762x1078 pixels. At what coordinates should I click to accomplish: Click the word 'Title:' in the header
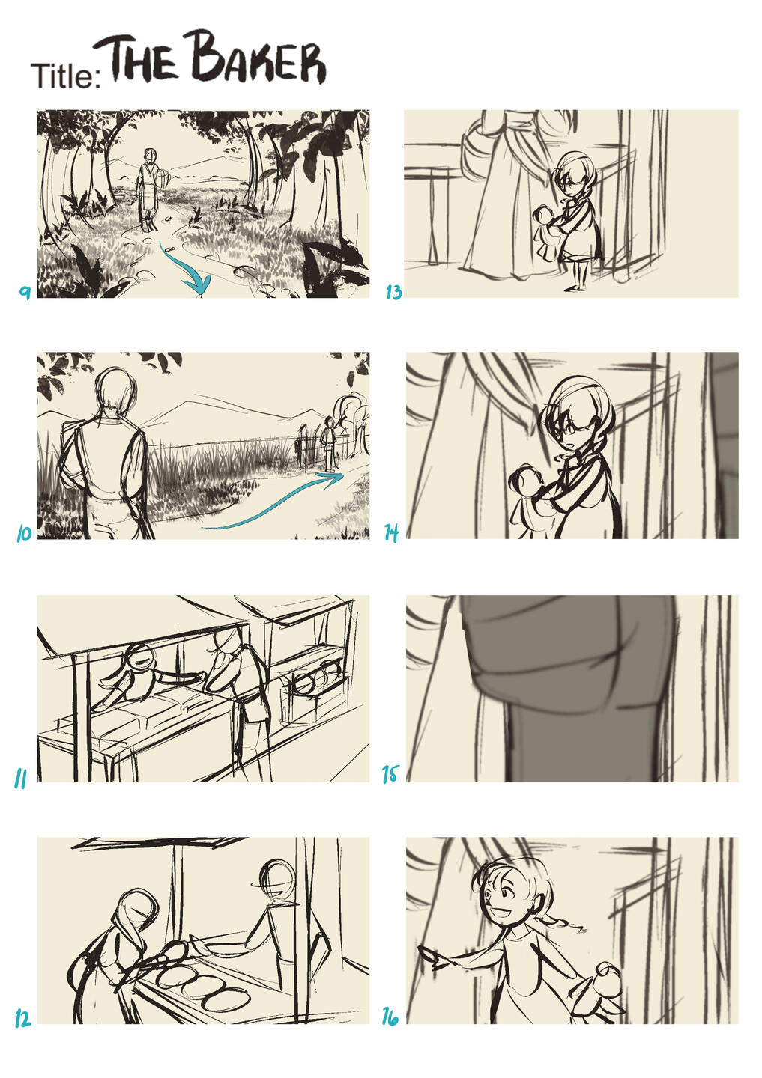[66, 76]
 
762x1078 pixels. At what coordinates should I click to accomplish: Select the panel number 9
[25, 292]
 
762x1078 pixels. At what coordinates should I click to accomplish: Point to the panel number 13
[393, 292]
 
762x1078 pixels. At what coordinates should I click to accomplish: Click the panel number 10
[24, 533]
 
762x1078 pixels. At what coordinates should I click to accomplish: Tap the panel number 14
[391, 533]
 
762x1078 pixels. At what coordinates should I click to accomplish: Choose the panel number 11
[19, 779]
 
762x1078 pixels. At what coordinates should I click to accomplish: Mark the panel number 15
[390, 774]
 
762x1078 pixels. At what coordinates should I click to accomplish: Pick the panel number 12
[22, 1018]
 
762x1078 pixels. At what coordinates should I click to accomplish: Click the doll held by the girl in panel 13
[547, 228]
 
